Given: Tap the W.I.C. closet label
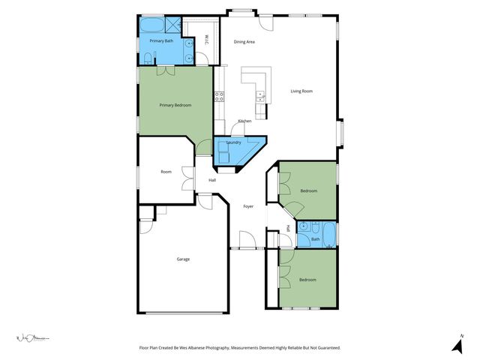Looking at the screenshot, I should tap(207, 40).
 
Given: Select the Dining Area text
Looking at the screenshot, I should tap(244, 42).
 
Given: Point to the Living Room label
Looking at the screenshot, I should tap(301, 91).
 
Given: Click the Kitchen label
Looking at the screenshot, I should tap(244, 121).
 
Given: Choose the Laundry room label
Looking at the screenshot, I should tap(233, 142).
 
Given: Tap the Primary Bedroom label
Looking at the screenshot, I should tap(175, 105).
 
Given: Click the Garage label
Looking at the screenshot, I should tap(183, 259).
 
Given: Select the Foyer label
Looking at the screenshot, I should tap(248, 205).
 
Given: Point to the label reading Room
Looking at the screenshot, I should tap(166, 172).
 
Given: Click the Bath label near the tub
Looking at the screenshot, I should tap(316, 240).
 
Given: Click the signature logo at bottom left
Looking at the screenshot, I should tap(32, 339).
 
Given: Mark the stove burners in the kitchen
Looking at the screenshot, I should tap(219, 95).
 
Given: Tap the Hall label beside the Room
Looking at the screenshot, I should tap(212, 180).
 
